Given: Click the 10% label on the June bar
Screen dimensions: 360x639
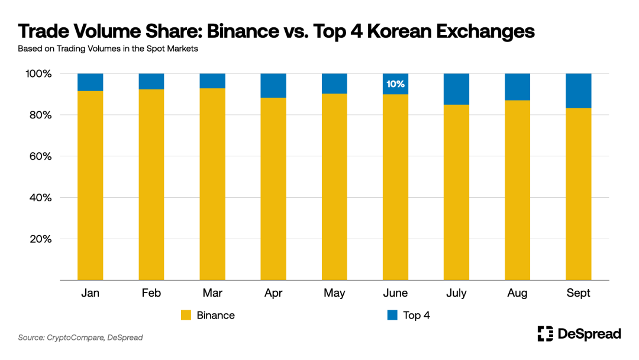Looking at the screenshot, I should (x=395, y=84).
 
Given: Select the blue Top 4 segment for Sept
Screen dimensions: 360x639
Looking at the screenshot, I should (x=578, y=91).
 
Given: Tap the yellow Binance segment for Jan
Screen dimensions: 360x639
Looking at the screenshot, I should (x=90, y=185).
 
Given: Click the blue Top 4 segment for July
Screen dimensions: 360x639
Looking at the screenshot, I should (x=456, y=89).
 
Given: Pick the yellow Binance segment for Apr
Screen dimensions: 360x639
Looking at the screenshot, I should (x=273, y=189).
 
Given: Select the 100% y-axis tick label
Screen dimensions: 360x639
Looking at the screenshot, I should (x=38, y=74).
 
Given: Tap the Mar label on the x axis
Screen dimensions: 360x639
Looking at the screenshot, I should (x=212, y=293).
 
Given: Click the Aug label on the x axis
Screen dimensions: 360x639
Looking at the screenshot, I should (x=517, y=293).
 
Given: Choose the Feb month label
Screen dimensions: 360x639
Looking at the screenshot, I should (x=151, y=293).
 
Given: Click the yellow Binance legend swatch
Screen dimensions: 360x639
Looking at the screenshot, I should (x=186, y=316).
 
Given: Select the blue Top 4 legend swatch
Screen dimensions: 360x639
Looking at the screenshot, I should (x=392, y=316).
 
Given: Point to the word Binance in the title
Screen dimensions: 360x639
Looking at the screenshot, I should (x=234, y=31).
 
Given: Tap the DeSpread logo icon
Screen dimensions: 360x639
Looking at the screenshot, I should (x=545, y=334).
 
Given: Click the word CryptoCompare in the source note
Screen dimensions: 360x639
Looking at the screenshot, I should (x=76, y=337).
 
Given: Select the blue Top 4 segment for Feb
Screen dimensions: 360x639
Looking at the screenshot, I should (x=151, y=81).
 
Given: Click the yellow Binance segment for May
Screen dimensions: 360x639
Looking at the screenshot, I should (x=334, y=187).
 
